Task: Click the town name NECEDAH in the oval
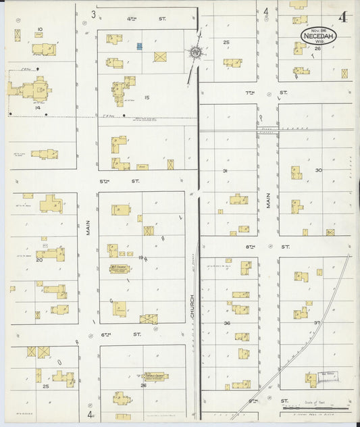[316, 34]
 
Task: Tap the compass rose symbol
[195, 51]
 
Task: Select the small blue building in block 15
[139, 46]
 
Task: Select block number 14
[38, 107]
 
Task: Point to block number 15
[147, 98]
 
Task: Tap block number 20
[39, 259]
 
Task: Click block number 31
[225, 171]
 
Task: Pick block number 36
[226, 323]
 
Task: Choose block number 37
[316, 322]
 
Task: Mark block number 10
[41, 29]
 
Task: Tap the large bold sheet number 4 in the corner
[343, 17]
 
